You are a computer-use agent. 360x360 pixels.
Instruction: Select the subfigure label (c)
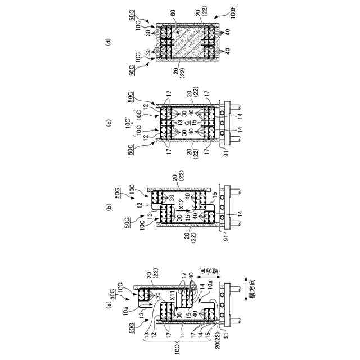pyautogui.click(x=109, y=123)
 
